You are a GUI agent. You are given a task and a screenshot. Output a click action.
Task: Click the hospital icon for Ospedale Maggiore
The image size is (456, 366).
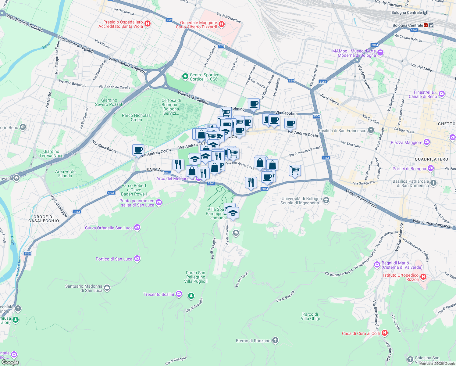pyautogui.click(x=222, y=24)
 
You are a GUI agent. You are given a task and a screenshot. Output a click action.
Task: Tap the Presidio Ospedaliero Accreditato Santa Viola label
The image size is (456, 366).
pyautogui.click(x=121, y=24)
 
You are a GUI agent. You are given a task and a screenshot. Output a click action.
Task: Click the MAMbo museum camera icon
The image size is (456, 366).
pyautogui.click(x=380, y=53)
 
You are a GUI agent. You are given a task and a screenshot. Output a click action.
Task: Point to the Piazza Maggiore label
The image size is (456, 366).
pyautogui.click(x=406, y=142)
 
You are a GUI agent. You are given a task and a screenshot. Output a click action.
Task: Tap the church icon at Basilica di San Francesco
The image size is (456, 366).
pyautogui.click(x=371, y=131)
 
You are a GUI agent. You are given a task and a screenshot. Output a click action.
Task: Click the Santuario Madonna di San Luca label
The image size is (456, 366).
pyautogui.click(x=84, y=288)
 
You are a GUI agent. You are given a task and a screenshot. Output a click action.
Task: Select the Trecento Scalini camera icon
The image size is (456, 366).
pyautogui.click(x=179, y=294)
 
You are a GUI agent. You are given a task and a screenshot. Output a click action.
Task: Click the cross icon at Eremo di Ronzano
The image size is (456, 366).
pyautogui.click(x=275, y=340)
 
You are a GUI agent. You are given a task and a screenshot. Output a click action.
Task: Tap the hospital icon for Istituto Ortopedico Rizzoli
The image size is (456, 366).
pyautogui.click(x=423, y=277)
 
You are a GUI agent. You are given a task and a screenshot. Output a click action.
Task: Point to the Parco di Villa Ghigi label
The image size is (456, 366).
pyautogui.click(x=310, y=316)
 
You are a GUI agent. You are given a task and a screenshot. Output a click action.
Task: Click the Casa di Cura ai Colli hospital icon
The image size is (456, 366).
pyautogui.click(x=385, y=333)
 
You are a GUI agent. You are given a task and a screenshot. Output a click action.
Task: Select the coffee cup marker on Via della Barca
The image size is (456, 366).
pyautogui.click(x=138, y=150)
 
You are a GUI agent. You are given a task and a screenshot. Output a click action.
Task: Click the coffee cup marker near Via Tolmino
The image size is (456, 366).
pyautogui.click(x=254, y=104)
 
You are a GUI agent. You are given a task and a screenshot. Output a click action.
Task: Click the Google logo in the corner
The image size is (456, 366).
pyautogui.click(x=10, y=362)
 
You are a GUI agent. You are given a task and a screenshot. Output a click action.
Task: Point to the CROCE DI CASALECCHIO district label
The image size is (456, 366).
pyautogui.click(x=44, y=219)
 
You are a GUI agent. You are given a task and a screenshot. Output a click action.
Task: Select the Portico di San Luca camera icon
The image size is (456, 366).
pyautogui.click(x=137, y=259)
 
